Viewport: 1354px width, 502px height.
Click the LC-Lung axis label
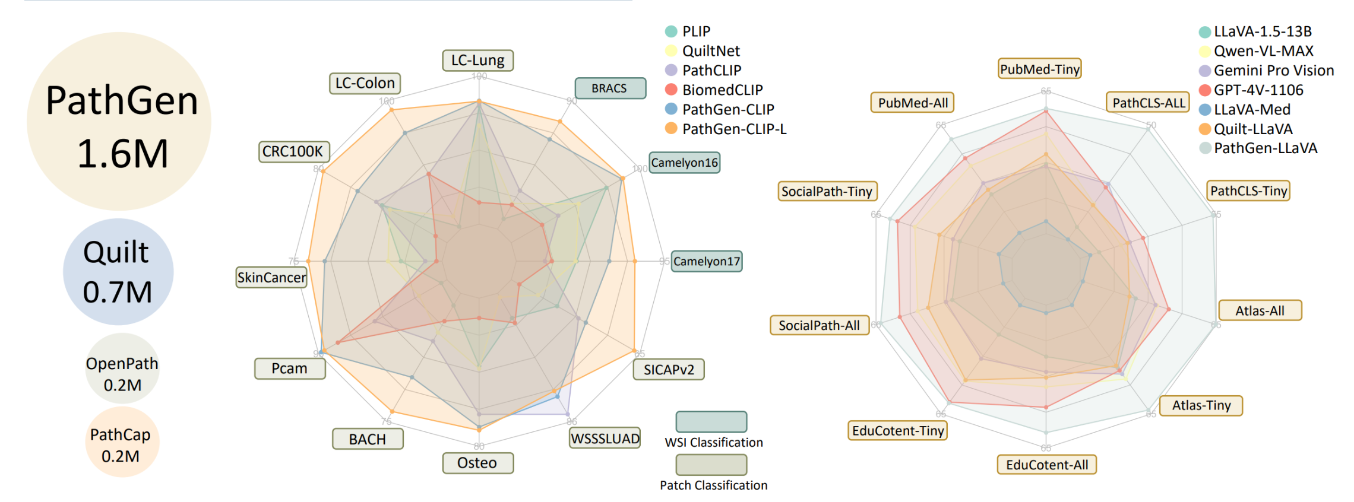coord(477,61)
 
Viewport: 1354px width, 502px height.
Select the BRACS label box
coord(610,88)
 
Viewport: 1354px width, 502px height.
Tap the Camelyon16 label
coord(684,163)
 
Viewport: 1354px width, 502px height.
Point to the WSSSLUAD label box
coord(605,439)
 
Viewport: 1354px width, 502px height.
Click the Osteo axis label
coord(477,463)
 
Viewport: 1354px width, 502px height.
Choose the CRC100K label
coord(293,152)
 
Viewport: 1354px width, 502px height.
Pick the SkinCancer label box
coord(271,277)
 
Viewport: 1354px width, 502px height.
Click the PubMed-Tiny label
coord(1039,69)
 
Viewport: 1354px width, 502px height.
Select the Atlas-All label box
coord(1260,310)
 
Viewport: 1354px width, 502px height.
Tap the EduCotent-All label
coord(1046,465)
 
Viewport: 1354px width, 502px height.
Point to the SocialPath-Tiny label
coord(827,191)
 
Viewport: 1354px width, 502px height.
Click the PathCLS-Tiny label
coord(1248,190)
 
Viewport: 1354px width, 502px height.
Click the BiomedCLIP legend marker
coord(671,90)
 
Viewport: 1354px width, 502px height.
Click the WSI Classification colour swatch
coord(711,422)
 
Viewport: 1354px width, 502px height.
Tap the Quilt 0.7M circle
coord(118,272)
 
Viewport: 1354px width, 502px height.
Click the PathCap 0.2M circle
coord(122,443)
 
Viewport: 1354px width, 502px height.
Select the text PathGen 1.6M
coord(121,126)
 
